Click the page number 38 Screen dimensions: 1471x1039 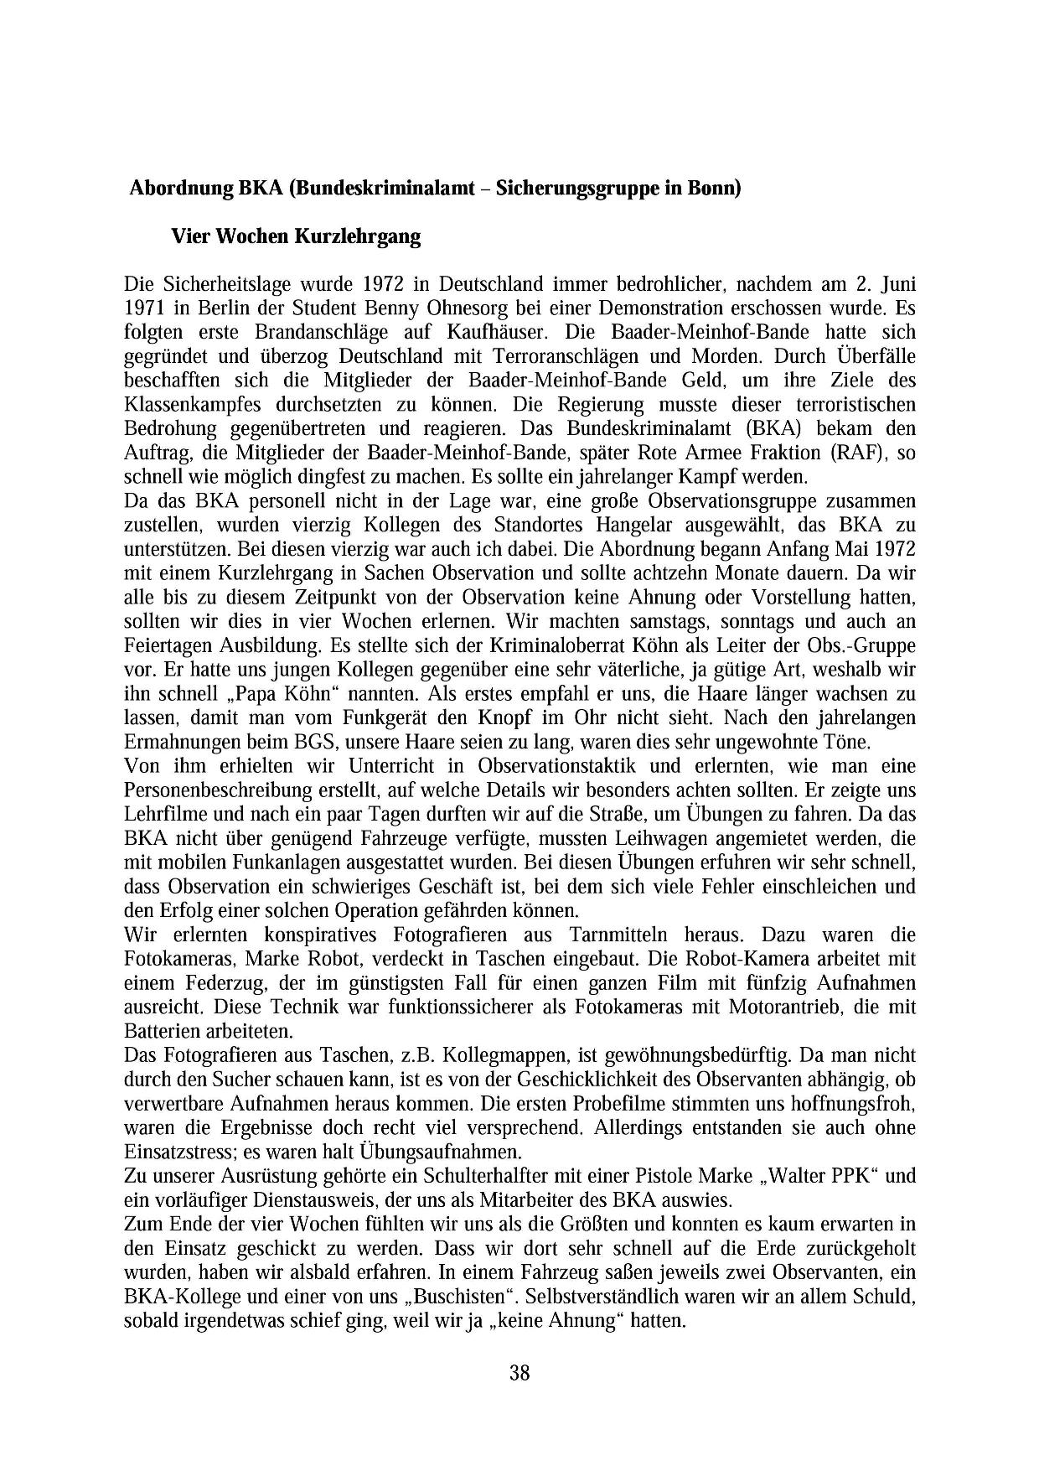click(519, 1373)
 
